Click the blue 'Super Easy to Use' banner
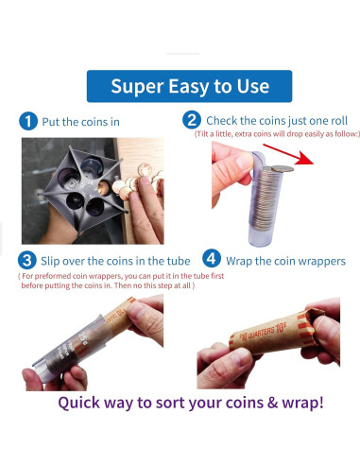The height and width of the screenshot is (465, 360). click(x=189, y=86)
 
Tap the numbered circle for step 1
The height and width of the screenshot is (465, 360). click(x=28, y=121)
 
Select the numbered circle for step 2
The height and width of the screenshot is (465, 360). click(x=192, y=120)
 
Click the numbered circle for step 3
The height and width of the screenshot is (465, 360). click(x=26, y=260)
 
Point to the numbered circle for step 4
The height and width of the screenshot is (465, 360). click(x=212, y=258)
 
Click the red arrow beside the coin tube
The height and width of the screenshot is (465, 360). click(x=288, y=154)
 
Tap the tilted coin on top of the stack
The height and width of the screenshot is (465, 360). click(x=283, y=169)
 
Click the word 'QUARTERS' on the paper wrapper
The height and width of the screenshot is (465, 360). click(x=261, y=333)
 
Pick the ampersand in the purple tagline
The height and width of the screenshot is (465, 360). click(x=272, y=403)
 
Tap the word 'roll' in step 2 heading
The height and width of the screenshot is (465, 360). click(x=339, y=120)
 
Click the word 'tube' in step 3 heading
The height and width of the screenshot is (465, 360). click(x=179, y=261)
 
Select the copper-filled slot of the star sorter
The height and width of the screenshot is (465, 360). click(x=104, y=187)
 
